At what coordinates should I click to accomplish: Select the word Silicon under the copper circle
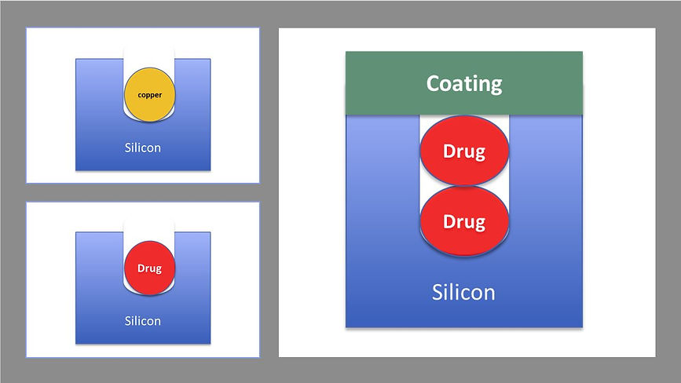tap(142, 147)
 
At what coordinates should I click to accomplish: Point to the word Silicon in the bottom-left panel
tap(142, 321)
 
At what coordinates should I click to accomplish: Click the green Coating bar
tap(377, 83)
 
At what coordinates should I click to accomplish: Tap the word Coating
tap(464, 83)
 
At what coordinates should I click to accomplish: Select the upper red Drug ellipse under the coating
tap(464, 151)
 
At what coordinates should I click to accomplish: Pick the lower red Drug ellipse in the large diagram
tap(464, 222)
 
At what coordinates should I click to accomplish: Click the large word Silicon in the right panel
tap(463, 292)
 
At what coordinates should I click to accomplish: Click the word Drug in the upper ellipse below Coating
tap(464, 151)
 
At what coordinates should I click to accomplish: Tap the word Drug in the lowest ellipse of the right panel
tap(464, 222)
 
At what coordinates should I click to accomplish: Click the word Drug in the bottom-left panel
tap(149, 268)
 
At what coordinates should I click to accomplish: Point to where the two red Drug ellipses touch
tap(464, 186)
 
